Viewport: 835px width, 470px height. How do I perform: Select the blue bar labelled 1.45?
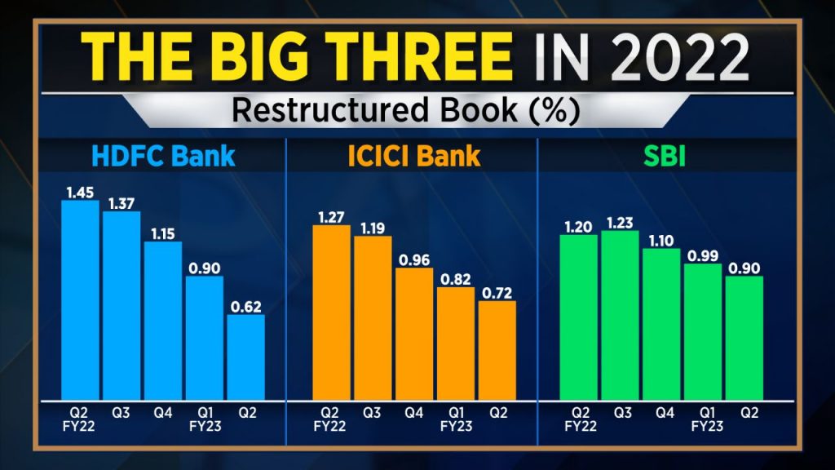click(80, 299)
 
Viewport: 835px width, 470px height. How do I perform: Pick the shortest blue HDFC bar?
click(245, 357)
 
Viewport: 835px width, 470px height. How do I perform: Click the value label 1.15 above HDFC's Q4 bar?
click(162, 233)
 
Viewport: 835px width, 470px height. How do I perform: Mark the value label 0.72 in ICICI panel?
click(497, 292)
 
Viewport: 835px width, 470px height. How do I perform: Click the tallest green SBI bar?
click(621, 315)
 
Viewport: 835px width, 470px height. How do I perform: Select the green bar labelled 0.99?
click(703, 330)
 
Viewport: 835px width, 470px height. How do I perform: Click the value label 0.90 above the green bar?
click(744, 268)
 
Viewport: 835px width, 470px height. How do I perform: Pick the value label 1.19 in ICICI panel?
click(373, 228)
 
